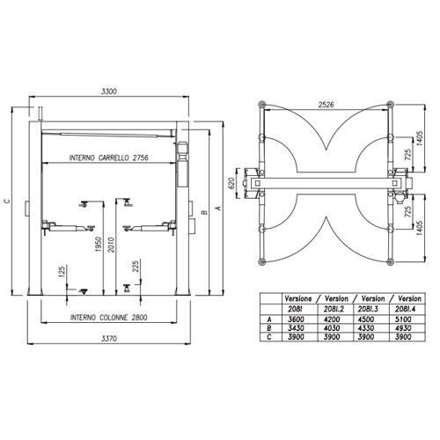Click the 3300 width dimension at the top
pos(109,92)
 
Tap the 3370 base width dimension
pos(109,339)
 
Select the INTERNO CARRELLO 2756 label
pos(109,158)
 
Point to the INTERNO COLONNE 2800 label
pos(109,318)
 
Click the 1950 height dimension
pos(99,244)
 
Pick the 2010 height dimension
pos(111,245)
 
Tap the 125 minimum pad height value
pos(62,272)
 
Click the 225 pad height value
pos(136,267)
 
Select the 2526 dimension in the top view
pos(326,105)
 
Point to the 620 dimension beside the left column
pos(231,183)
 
